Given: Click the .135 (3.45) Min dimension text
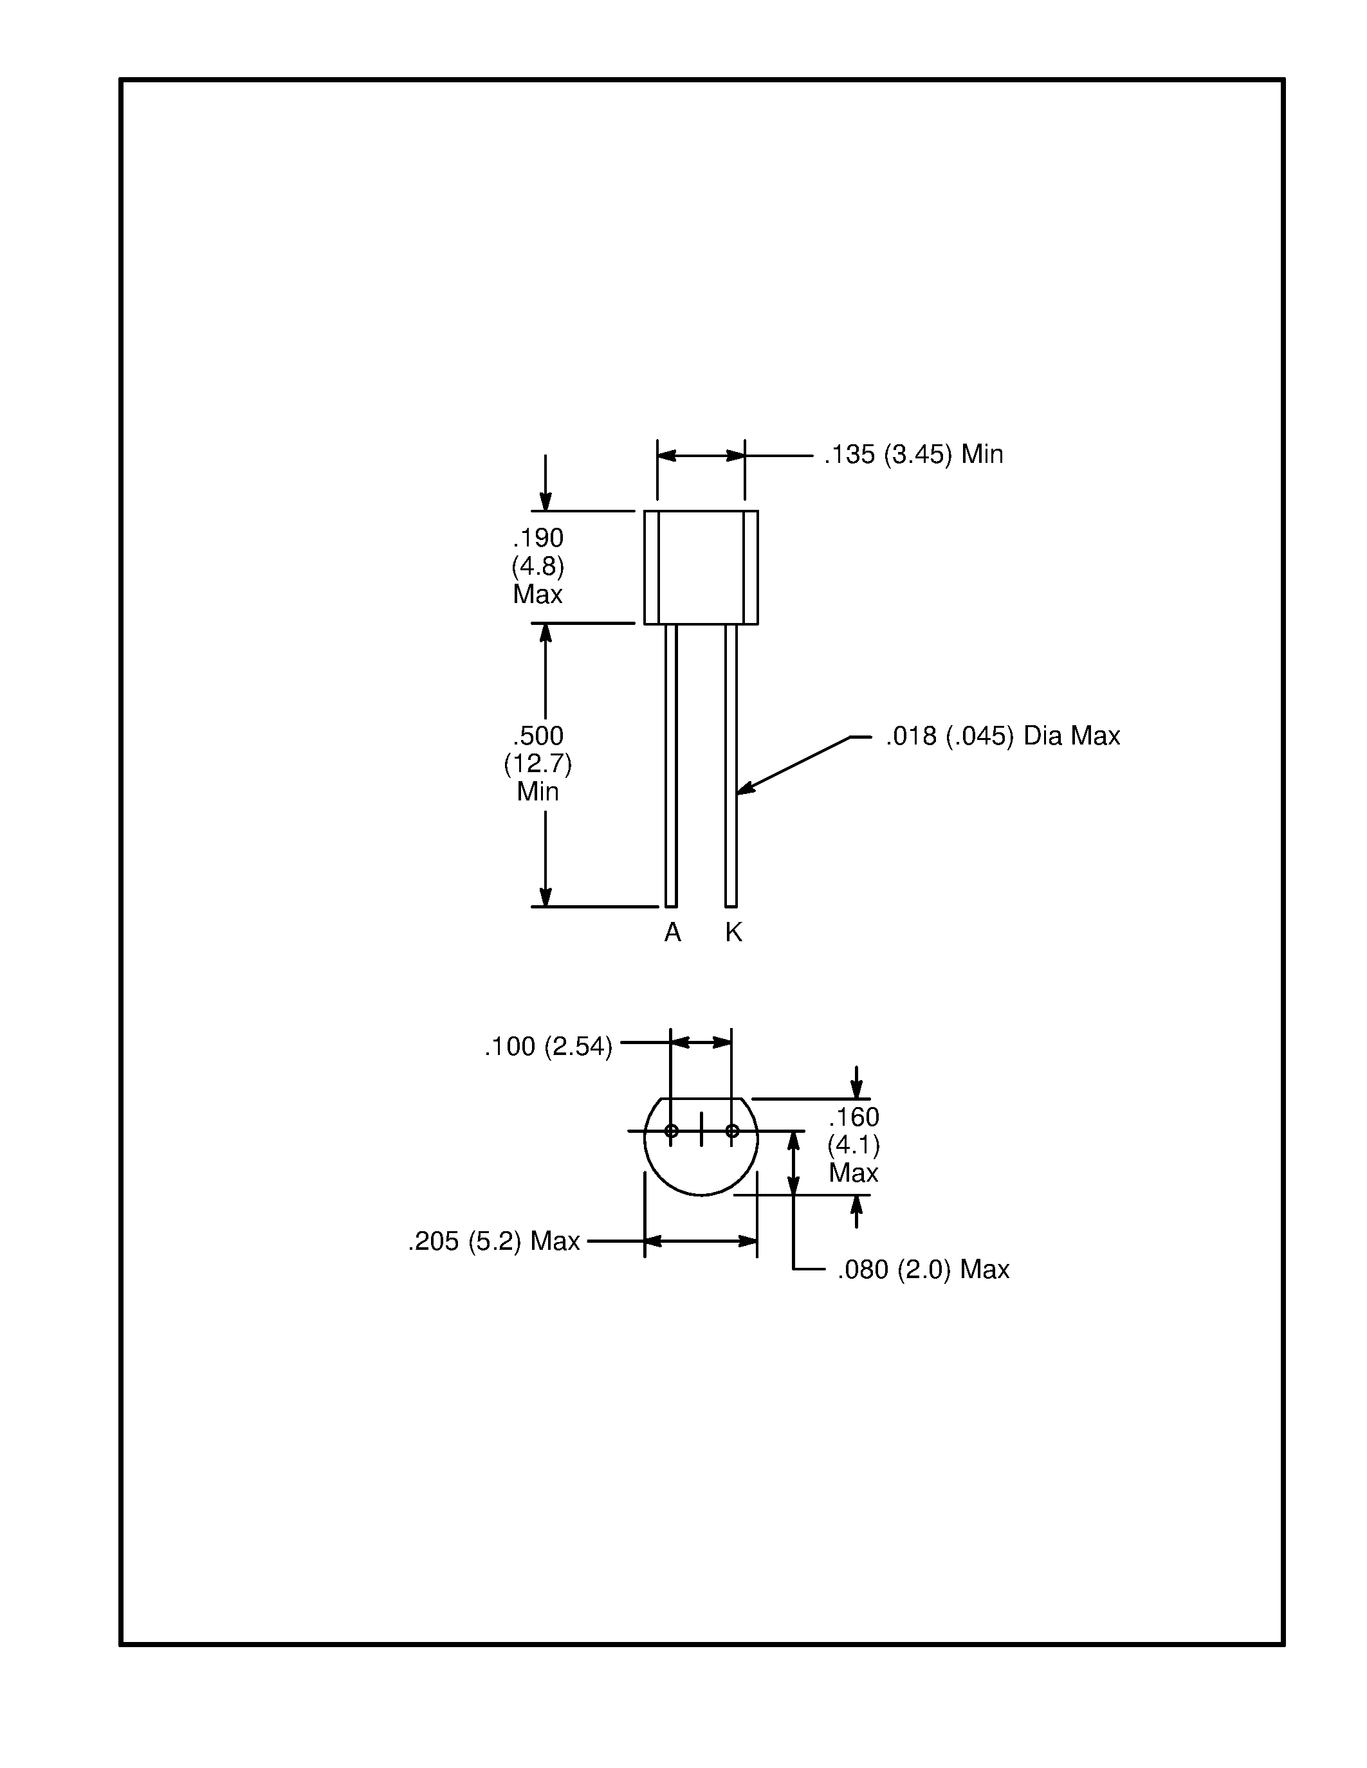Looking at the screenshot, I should (x=913, y=455).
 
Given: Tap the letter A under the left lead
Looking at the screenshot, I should (x=672, y=934).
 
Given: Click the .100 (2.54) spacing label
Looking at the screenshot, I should (x=547, y=1047).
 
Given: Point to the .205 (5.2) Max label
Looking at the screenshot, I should (x=493, y=1241).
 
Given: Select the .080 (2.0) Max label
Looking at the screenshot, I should (x=922, y=1269).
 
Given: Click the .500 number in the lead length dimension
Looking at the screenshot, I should (x=538, y=736).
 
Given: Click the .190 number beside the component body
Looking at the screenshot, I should (x=538, y=537).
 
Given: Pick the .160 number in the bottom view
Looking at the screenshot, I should (x=854, y=1117).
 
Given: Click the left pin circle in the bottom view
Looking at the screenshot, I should (x=672, y=1131).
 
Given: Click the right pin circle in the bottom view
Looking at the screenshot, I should (x=732, y=1131).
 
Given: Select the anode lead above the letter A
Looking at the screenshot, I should (x=670, y=765).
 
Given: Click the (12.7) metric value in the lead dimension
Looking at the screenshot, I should (x=538, y=763).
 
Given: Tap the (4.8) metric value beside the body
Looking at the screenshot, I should (x=538, y=566).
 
